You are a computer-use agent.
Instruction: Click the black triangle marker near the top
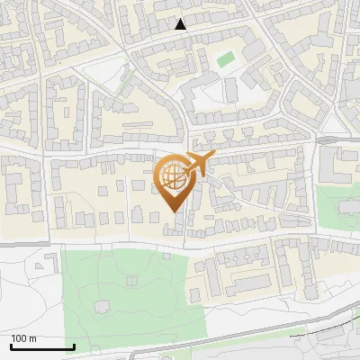[x=181, y=24]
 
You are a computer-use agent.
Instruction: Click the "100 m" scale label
[x=23, y=338]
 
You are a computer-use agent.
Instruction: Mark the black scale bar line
[x=42, y=347]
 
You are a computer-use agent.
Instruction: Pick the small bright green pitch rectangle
[x=225, y=59]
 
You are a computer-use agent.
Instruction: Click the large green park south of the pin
[x=126, y=297]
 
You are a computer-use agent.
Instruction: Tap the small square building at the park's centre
[x=133, y=281]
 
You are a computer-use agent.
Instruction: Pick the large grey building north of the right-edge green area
[x=337, y=162]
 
